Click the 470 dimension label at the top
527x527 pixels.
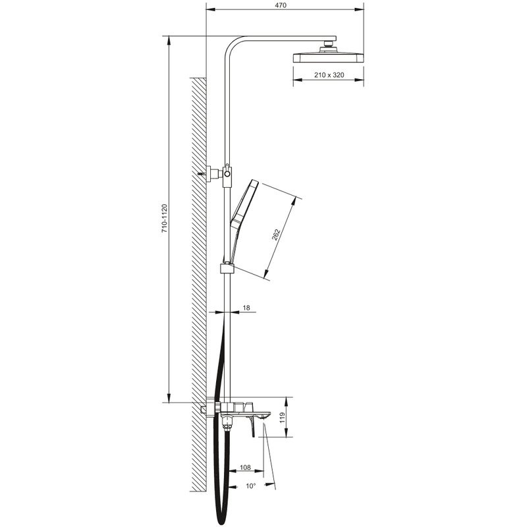[281, 5]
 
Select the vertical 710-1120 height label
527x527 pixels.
[164, 217]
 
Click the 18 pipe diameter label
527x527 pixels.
[246, 308]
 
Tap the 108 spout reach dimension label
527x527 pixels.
[244, 468]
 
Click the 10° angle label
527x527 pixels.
[250, 486]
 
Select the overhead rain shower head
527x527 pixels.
[327, 57]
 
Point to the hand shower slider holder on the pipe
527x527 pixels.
[227, 268]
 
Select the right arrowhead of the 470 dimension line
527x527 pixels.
[362, 10]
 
